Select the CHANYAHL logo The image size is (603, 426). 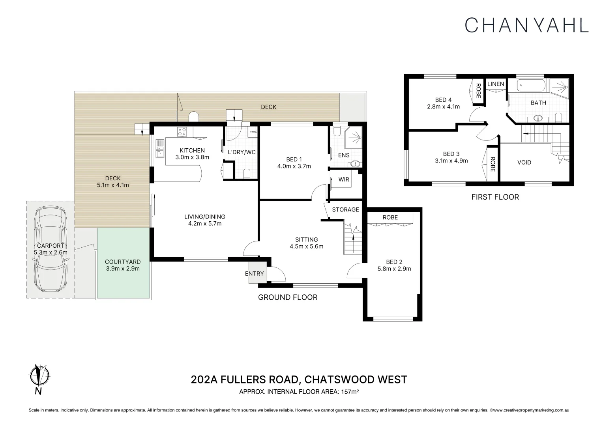pos(526,25)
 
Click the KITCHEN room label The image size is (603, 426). pos(192,150)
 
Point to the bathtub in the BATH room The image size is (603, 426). pos(531,85)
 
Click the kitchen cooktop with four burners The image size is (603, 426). pos(182,132)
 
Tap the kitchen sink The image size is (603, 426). pos(160,149)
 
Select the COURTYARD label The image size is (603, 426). pos(123,262)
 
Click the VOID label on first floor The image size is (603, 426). pos(524,162)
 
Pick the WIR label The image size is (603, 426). pos(344,179)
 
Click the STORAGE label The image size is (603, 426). pos(345,209)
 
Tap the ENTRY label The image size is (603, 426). pos(254,274)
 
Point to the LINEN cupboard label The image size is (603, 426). pos(496,84)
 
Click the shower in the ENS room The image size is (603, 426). pos(354,138)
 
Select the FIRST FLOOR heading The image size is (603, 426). pos(495,197)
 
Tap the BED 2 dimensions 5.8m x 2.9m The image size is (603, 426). pos(394,269)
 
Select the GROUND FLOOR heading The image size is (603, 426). pos(288,297)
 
